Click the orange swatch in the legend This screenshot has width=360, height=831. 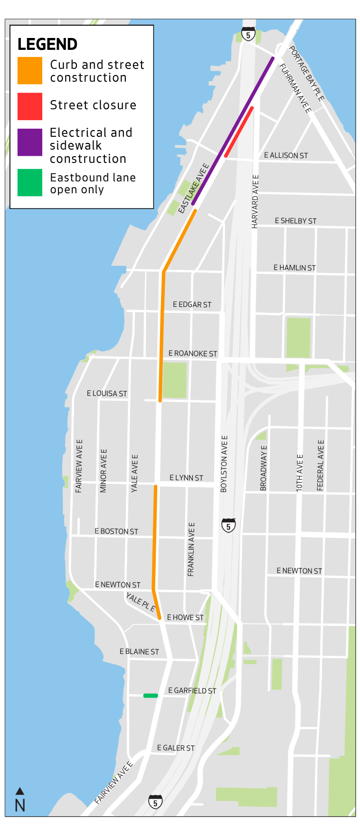click(29, 71)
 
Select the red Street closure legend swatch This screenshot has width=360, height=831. click(29, 106)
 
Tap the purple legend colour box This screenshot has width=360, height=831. click(29, 142)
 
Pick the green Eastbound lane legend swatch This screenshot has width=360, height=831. click(29, 183)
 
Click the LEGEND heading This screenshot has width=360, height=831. click(47, 45)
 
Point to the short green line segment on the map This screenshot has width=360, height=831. click(151, 696)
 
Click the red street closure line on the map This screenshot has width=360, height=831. click(239, 132)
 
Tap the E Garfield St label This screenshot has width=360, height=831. click(192, 691)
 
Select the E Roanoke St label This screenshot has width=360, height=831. click(192, 354)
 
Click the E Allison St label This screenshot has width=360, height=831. click(286, 156)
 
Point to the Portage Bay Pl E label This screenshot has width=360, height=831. click(306, 74)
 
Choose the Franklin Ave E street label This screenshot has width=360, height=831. click(191, 549)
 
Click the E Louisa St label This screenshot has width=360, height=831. click(107, 394)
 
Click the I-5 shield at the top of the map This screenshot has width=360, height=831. click(248, 34)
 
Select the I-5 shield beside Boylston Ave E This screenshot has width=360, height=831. click(228, 525)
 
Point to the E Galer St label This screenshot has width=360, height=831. click(176, 748)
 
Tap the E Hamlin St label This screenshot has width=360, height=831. click(294, 268)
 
